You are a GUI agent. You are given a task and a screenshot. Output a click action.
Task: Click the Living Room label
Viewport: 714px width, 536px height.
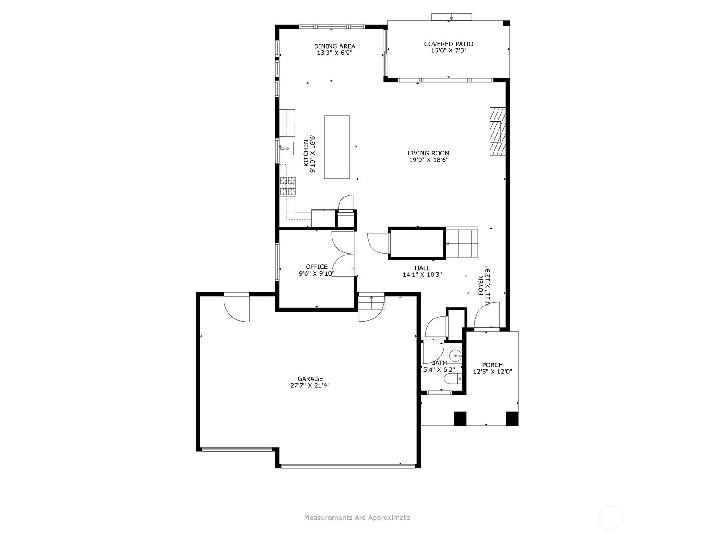[428, 153]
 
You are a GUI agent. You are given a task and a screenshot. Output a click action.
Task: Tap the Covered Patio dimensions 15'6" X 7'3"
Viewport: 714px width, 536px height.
[448, 50]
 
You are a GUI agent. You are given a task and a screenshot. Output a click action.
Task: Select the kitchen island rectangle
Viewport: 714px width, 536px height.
[337, 147]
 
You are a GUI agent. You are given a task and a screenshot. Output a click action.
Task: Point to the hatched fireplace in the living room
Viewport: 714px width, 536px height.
[498, 131]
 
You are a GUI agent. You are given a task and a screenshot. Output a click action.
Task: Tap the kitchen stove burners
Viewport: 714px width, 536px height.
[288, 186]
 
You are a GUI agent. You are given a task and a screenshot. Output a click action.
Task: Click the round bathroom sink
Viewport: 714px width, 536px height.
[455, 356]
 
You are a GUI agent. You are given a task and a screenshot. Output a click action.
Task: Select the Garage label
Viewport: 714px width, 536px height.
[310, 378]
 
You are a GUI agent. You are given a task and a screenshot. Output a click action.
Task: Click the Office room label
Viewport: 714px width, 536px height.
[316, 267]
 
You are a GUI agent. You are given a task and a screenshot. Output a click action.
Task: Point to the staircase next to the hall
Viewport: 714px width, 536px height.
[461, 243]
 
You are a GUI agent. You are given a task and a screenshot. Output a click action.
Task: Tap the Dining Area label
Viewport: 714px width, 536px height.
[334, 46]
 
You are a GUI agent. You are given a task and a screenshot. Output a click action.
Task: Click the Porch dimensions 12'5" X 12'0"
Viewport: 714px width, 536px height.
[493, 372]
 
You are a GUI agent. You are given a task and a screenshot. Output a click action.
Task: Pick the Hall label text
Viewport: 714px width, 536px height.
[422, 268]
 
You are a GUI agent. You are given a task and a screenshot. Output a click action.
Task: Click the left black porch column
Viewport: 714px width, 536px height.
[460, 419]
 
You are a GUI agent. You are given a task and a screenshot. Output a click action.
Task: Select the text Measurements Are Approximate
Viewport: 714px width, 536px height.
[357, 517]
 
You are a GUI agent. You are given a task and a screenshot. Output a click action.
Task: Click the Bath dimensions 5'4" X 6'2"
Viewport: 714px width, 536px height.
[439, 369]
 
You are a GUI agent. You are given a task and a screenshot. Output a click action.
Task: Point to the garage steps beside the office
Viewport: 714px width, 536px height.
[371, 303]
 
